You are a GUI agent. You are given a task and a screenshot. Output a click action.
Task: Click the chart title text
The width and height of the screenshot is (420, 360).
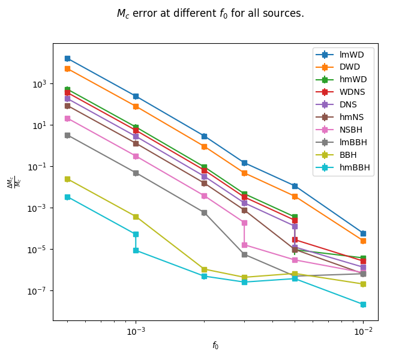pyautogui.click(x=210, y=13)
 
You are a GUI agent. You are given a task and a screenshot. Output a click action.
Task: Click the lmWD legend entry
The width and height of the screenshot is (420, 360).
pyautogui.click(x=352, y=55)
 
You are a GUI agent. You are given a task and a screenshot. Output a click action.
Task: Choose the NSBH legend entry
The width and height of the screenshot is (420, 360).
pyautogui.click(x=351, y=130)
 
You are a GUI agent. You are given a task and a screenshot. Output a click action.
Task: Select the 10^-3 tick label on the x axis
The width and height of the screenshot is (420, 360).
pyautogui.click(x=136, y=331)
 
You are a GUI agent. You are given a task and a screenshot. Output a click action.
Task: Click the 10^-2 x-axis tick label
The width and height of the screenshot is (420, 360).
pyautogui.click(x=363, y=331)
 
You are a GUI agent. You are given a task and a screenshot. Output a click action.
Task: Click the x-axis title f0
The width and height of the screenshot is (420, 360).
pyautogui.click(x=215, y=346)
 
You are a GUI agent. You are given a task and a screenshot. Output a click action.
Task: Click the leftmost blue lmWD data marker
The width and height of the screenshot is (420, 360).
pyautogui.click(x=67, y=58)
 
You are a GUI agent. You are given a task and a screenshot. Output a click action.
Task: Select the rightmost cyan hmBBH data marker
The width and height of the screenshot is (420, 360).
pyautogui.click(x=363, y=304)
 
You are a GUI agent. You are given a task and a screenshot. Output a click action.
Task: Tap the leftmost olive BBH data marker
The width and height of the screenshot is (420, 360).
pyautogui.click(x=67, y=179)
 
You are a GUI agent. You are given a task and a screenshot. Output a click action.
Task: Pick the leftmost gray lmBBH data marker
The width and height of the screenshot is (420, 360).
pyautogui.click(x=67, y=135)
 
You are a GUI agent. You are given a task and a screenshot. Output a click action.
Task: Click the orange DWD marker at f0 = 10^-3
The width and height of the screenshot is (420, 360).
pyautogui.click(x=136, y=106)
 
